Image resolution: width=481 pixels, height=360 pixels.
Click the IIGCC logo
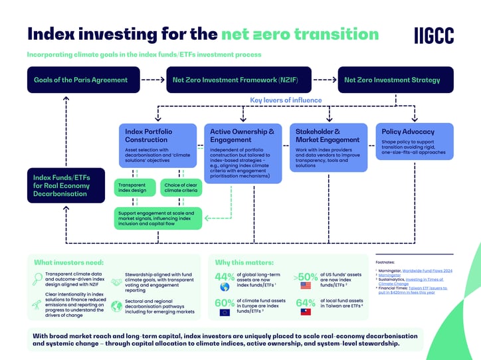click(x=434, y=35)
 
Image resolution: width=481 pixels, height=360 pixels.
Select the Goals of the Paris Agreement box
click(x=83, y=80)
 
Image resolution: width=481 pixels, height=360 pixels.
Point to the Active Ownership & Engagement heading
click(x=238, y=135)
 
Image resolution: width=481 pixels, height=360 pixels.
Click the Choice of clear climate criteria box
click(x=180, y=189)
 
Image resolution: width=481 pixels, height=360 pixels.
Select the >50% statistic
click(x=306, y=277)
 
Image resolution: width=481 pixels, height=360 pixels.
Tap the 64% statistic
click(x=306, y=304)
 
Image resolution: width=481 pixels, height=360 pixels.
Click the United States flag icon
click(x=306, y=287)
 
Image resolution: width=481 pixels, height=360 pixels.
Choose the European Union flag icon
click(x=225, y=312)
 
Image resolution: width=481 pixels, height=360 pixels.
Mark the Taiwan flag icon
click(x=306, y=312)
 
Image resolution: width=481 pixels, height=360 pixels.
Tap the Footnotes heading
click(x=385, y=262)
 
